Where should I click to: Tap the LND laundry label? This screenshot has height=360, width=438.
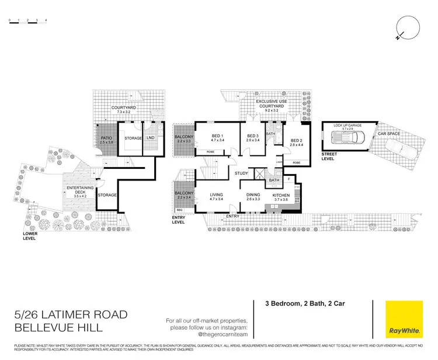pos(150,138)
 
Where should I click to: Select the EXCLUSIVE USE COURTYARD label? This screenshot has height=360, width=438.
pos(273,105)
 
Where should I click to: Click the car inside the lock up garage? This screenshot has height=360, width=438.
pos(348,139)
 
